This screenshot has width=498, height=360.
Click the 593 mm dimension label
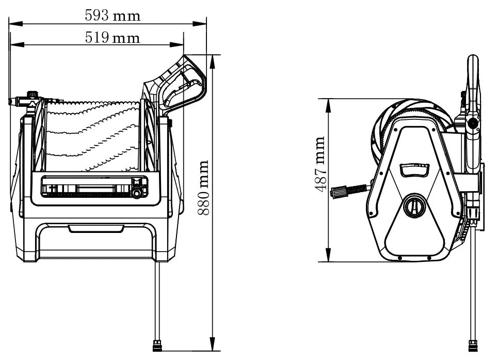pyautogui.click(x=113, y=15)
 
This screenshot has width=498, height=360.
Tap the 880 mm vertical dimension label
pyautogui.click(x=203, y=187)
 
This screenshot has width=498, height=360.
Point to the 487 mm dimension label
pyautogui.click(x=319, y=165)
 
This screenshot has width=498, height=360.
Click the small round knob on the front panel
pyautogui.click(x=137, y=193)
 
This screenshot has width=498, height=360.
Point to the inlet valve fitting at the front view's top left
pyautogui.click(x=32, y=98)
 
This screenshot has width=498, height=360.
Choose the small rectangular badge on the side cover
pyautogui.click(x=413, y=169)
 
